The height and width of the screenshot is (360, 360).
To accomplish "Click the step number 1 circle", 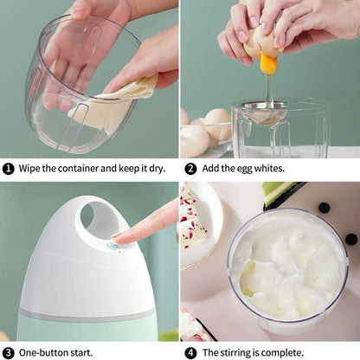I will pyautogui.click(x=8, y=168).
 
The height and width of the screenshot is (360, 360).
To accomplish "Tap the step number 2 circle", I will pyautogui.click(x=190, y=168).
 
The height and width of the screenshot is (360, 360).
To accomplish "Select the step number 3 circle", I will pyautogui.click(x=8, y=352).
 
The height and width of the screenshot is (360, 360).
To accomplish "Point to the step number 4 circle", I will pyautogui.click(x=190, y=352).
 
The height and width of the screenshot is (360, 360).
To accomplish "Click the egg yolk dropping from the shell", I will pyautogui.click(x=268, y=63).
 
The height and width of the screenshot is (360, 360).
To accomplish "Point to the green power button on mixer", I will pyautogui.click(x=112, y=246).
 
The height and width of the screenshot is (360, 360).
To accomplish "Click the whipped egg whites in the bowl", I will pyautogui.click(x=286, y=268).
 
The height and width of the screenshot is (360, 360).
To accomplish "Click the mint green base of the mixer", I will pyautogui.click(x=87, y=329).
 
